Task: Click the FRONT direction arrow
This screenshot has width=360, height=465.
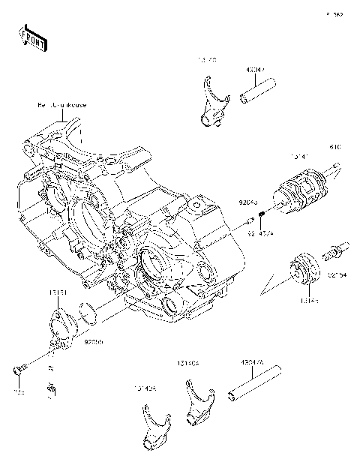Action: point(31,37)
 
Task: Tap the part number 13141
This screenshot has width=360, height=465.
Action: point(300,157)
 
